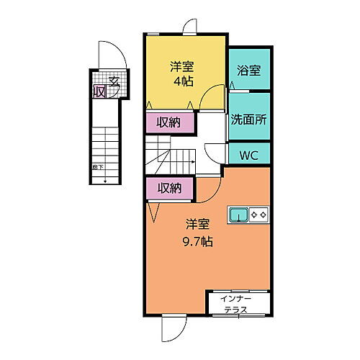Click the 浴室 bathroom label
tap(248, 70)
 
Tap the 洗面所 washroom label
tap(248, 120)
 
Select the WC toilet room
tap(249, 154)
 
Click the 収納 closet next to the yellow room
tap(169, 123)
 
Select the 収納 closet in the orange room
tap(169, 189)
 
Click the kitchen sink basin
tap(238, 214)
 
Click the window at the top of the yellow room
tap(189, 27)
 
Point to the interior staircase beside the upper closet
tap(171, 156)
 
